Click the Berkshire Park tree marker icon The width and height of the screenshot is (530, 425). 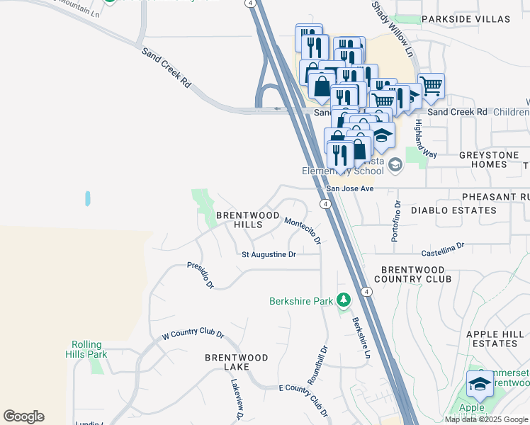344,300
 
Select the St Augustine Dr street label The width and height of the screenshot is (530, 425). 269,254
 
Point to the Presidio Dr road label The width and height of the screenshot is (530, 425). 201,275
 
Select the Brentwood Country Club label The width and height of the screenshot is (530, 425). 416,274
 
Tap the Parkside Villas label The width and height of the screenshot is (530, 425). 465,19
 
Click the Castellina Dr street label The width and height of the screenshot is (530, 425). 442,249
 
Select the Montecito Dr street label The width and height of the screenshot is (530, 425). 303,231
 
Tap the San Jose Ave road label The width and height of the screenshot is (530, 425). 349,189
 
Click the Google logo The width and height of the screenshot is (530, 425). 23,416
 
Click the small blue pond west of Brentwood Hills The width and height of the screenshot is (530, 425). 87,198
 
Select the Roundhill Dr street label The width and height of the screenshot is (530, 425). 317,364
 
